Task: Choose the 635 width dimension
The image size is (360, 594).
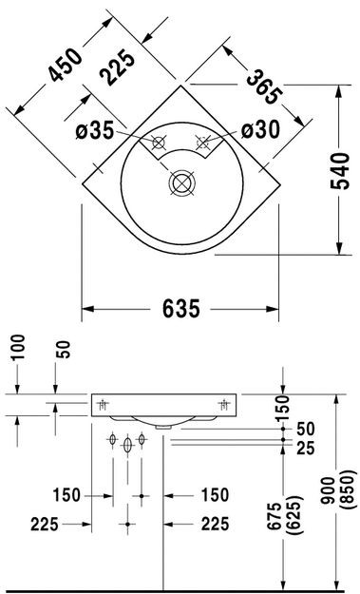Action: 180,308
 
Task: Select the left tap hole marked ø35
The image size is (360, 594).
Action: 159,144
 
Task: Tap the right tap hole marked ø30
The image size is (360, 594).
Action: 202,144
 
